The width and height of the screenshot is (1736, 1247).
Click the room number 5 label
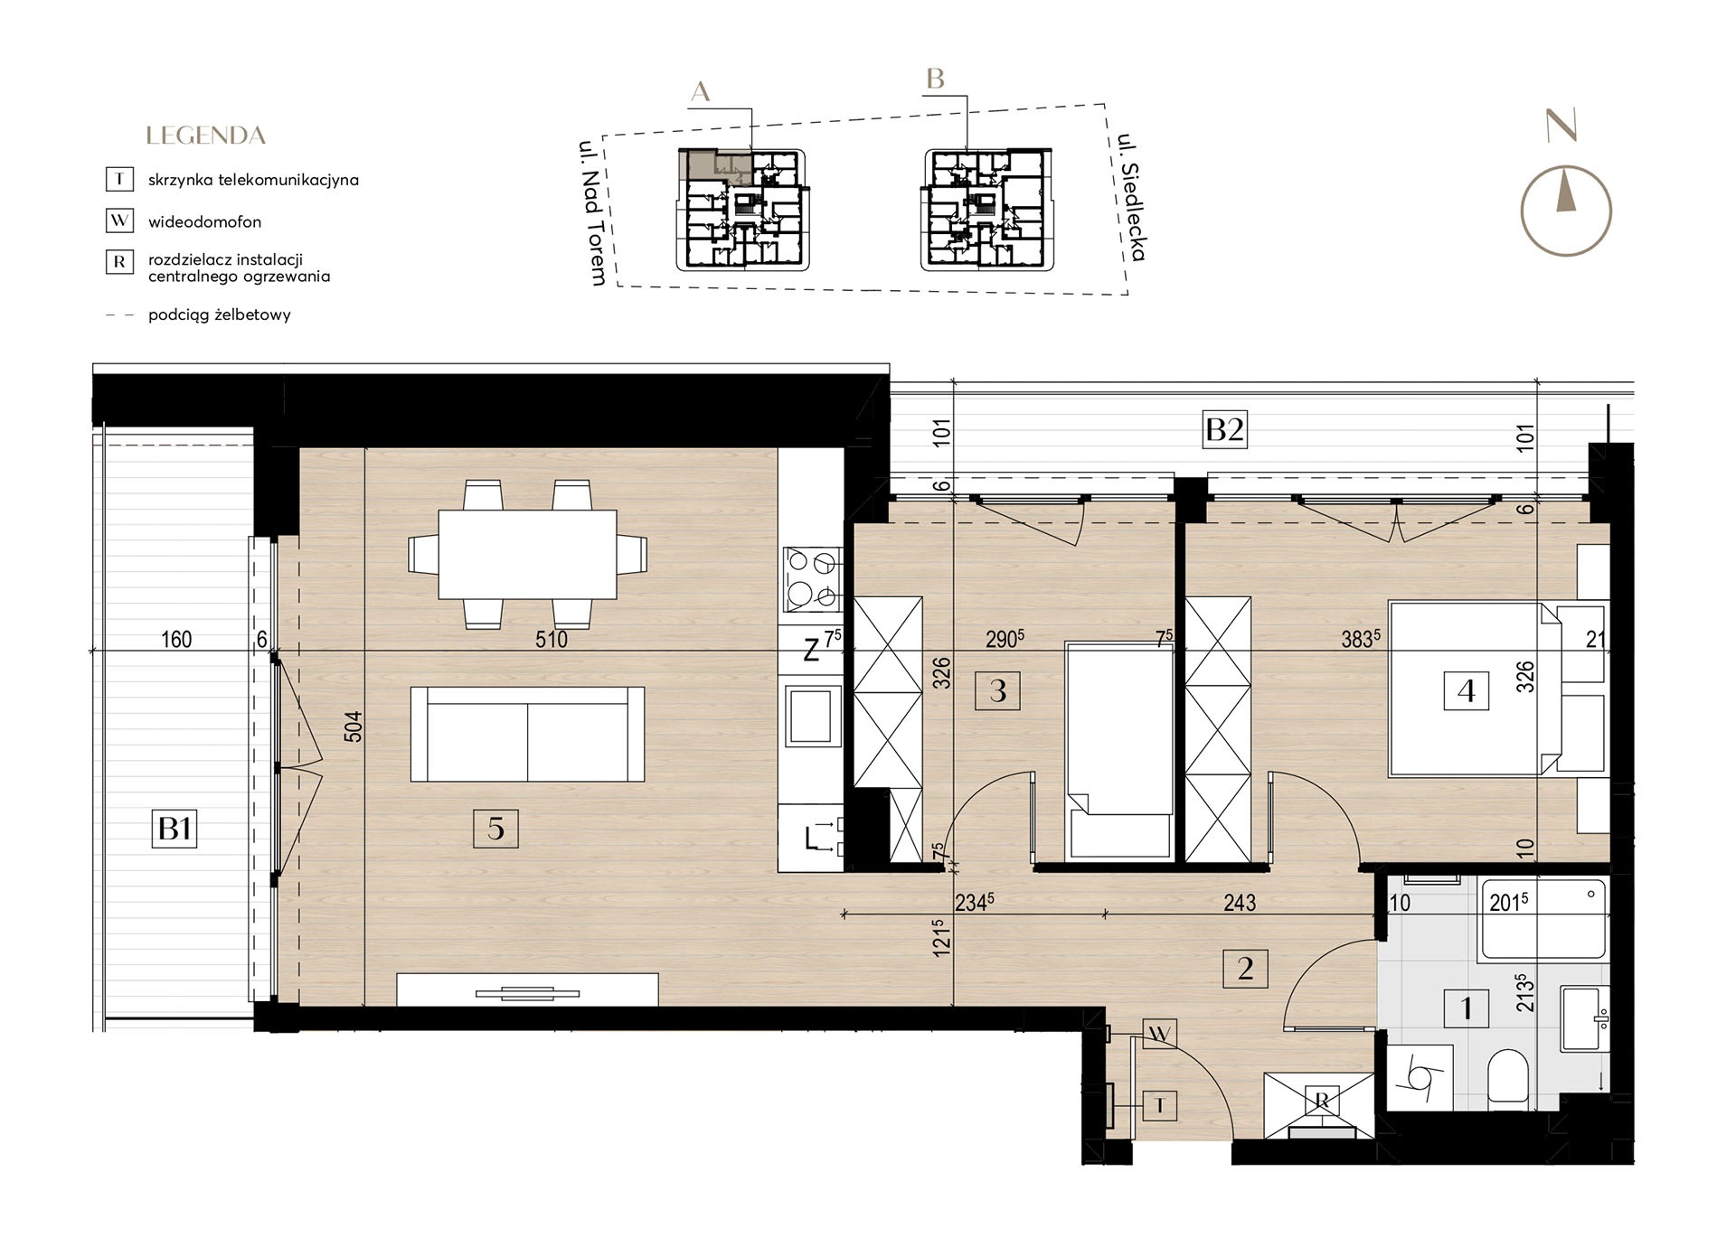495,828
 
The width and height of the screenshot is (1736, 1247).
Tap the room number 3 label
998,690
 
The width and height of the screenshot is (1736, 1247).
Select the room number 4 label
1466,691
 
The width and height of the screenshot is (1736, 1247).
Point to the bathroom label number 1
1466,1007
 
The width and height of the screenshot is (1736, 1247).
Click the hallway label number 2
1245,969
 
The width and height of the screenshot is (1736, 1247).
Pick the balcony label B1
175,828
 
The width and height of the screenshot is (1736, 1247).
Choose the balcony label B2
1224,429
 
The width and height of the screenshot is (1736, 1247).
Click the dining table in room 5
527,554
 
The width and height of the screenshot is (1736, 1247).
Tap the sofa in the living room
527,734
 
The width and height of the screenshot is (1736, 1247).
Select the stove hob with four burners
812,579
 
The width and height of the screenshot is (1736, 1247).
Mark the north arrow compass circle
1566,211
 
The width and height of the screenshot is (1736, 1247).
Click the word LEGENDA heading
206,136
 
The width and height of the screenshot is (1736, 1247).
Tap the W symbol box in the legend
119,221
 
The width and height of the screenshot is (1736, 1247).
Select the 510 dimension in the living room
552,640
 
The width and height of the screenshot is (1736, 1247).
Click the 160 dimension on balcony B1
176,640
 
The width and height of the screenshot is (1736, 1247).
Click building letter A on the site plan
701,91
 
